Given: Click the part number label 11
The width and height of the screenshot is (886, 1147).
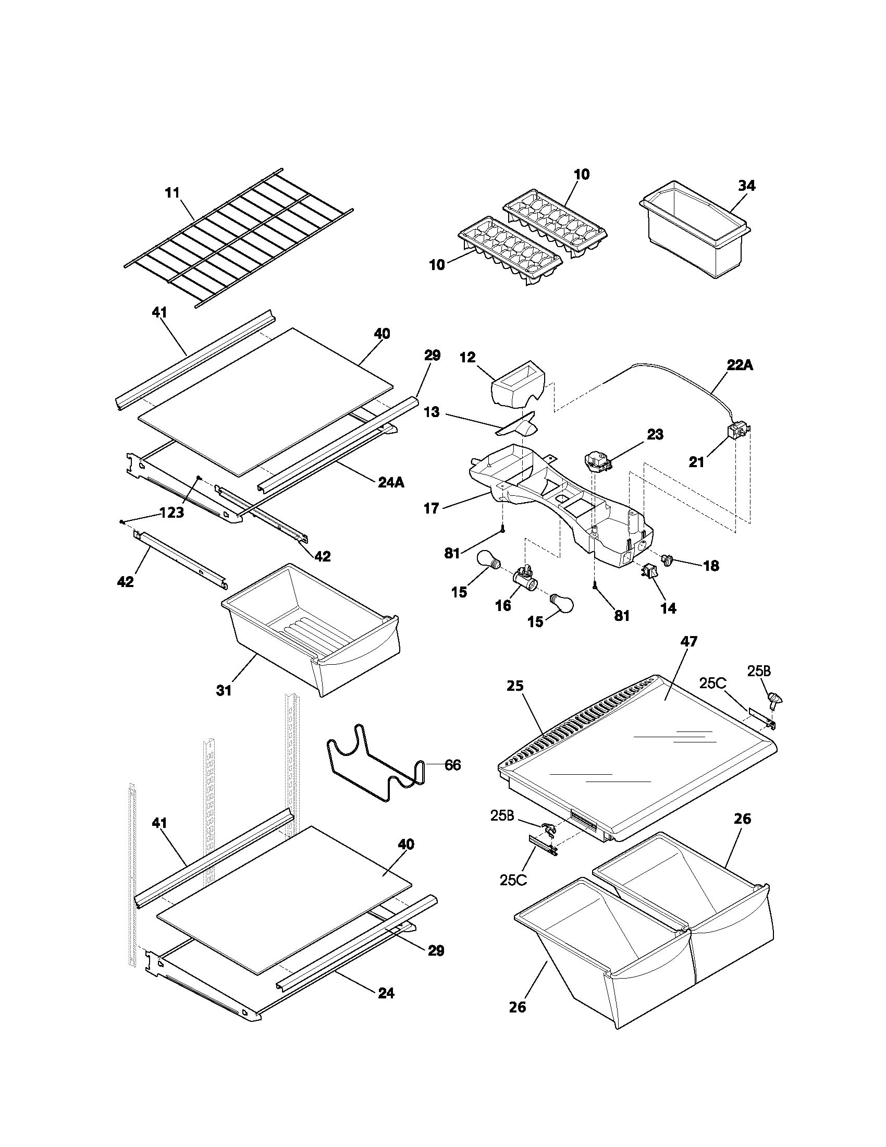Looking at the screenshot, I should pos(172,193).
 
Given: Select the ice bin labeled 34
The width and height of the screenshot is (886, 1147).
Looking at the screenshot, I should pos(693,236).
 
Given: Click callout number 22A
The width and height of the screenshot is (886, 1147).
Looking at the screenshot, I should pos(740,365).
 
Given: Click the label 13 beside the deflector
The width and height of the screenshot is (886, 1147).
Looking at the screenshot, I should pos(432,412).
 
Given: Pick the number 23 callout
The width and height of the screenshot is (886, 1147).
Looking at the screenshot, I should pos(655,434).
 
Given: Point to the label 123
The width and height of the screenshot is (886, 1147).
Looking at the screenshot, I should pos(171,513).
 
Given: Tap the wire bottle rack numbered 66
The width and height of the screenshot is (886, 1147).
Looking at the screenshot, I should pos(375,767).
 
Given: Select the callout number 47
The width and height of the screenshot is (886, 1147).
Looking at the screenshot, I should pos(688,641).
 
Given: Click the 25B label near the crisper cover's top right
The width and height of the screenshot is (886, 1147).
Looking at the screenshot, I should pos(759,670).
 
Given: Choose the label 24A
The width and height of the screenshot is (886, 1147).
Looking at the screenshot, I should pos(391,482).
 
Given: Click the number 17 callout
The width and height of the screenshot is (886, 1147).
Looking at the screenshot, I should pos(432,508).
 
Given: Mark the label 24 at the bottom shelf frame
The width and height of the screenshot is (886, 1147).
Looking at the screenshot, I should pos(386,993).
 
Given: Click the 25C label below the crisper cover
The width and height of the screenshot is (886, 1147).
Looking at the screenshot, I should pos(513,880).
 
